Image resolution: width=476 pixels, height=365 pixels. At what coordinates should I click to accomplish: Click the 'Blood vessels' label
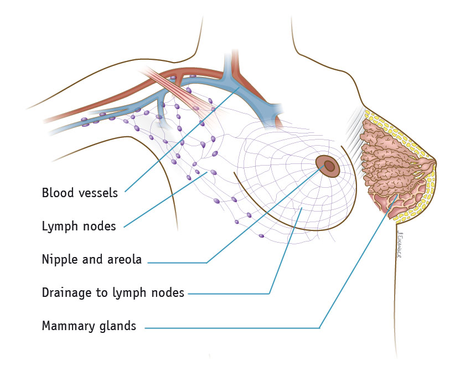click(x=80, y=193)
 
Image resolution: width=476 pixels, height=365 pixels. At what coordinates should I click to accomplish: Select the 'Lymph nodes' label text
click(x=79, y=226)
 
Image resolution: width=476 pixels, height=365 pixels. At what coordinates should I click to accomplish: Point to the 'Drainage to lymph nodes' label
click(x=113, y=292)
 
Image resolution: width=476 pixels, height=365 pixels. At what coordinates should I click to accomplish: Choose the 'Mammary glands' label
click(x=89, y=326)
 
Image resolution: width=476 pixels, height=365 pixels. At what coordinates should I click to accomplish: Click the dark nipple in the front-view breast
click(x=329, y=166)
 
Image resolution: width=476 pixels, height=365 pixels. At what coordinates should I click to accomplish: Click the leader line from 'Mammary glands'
click(x=354, y=266)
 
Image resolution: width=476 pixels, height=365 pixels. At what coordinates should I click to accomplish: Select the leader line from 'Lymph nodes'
click(x=166, y=199)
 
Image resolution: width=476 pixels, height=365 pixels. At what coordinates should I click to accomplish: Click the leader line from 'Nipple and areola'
click(x=260, y=216)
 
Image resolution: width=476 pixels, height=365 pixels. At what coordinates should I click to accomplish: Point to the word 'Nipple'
click(x=58, y=259)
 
